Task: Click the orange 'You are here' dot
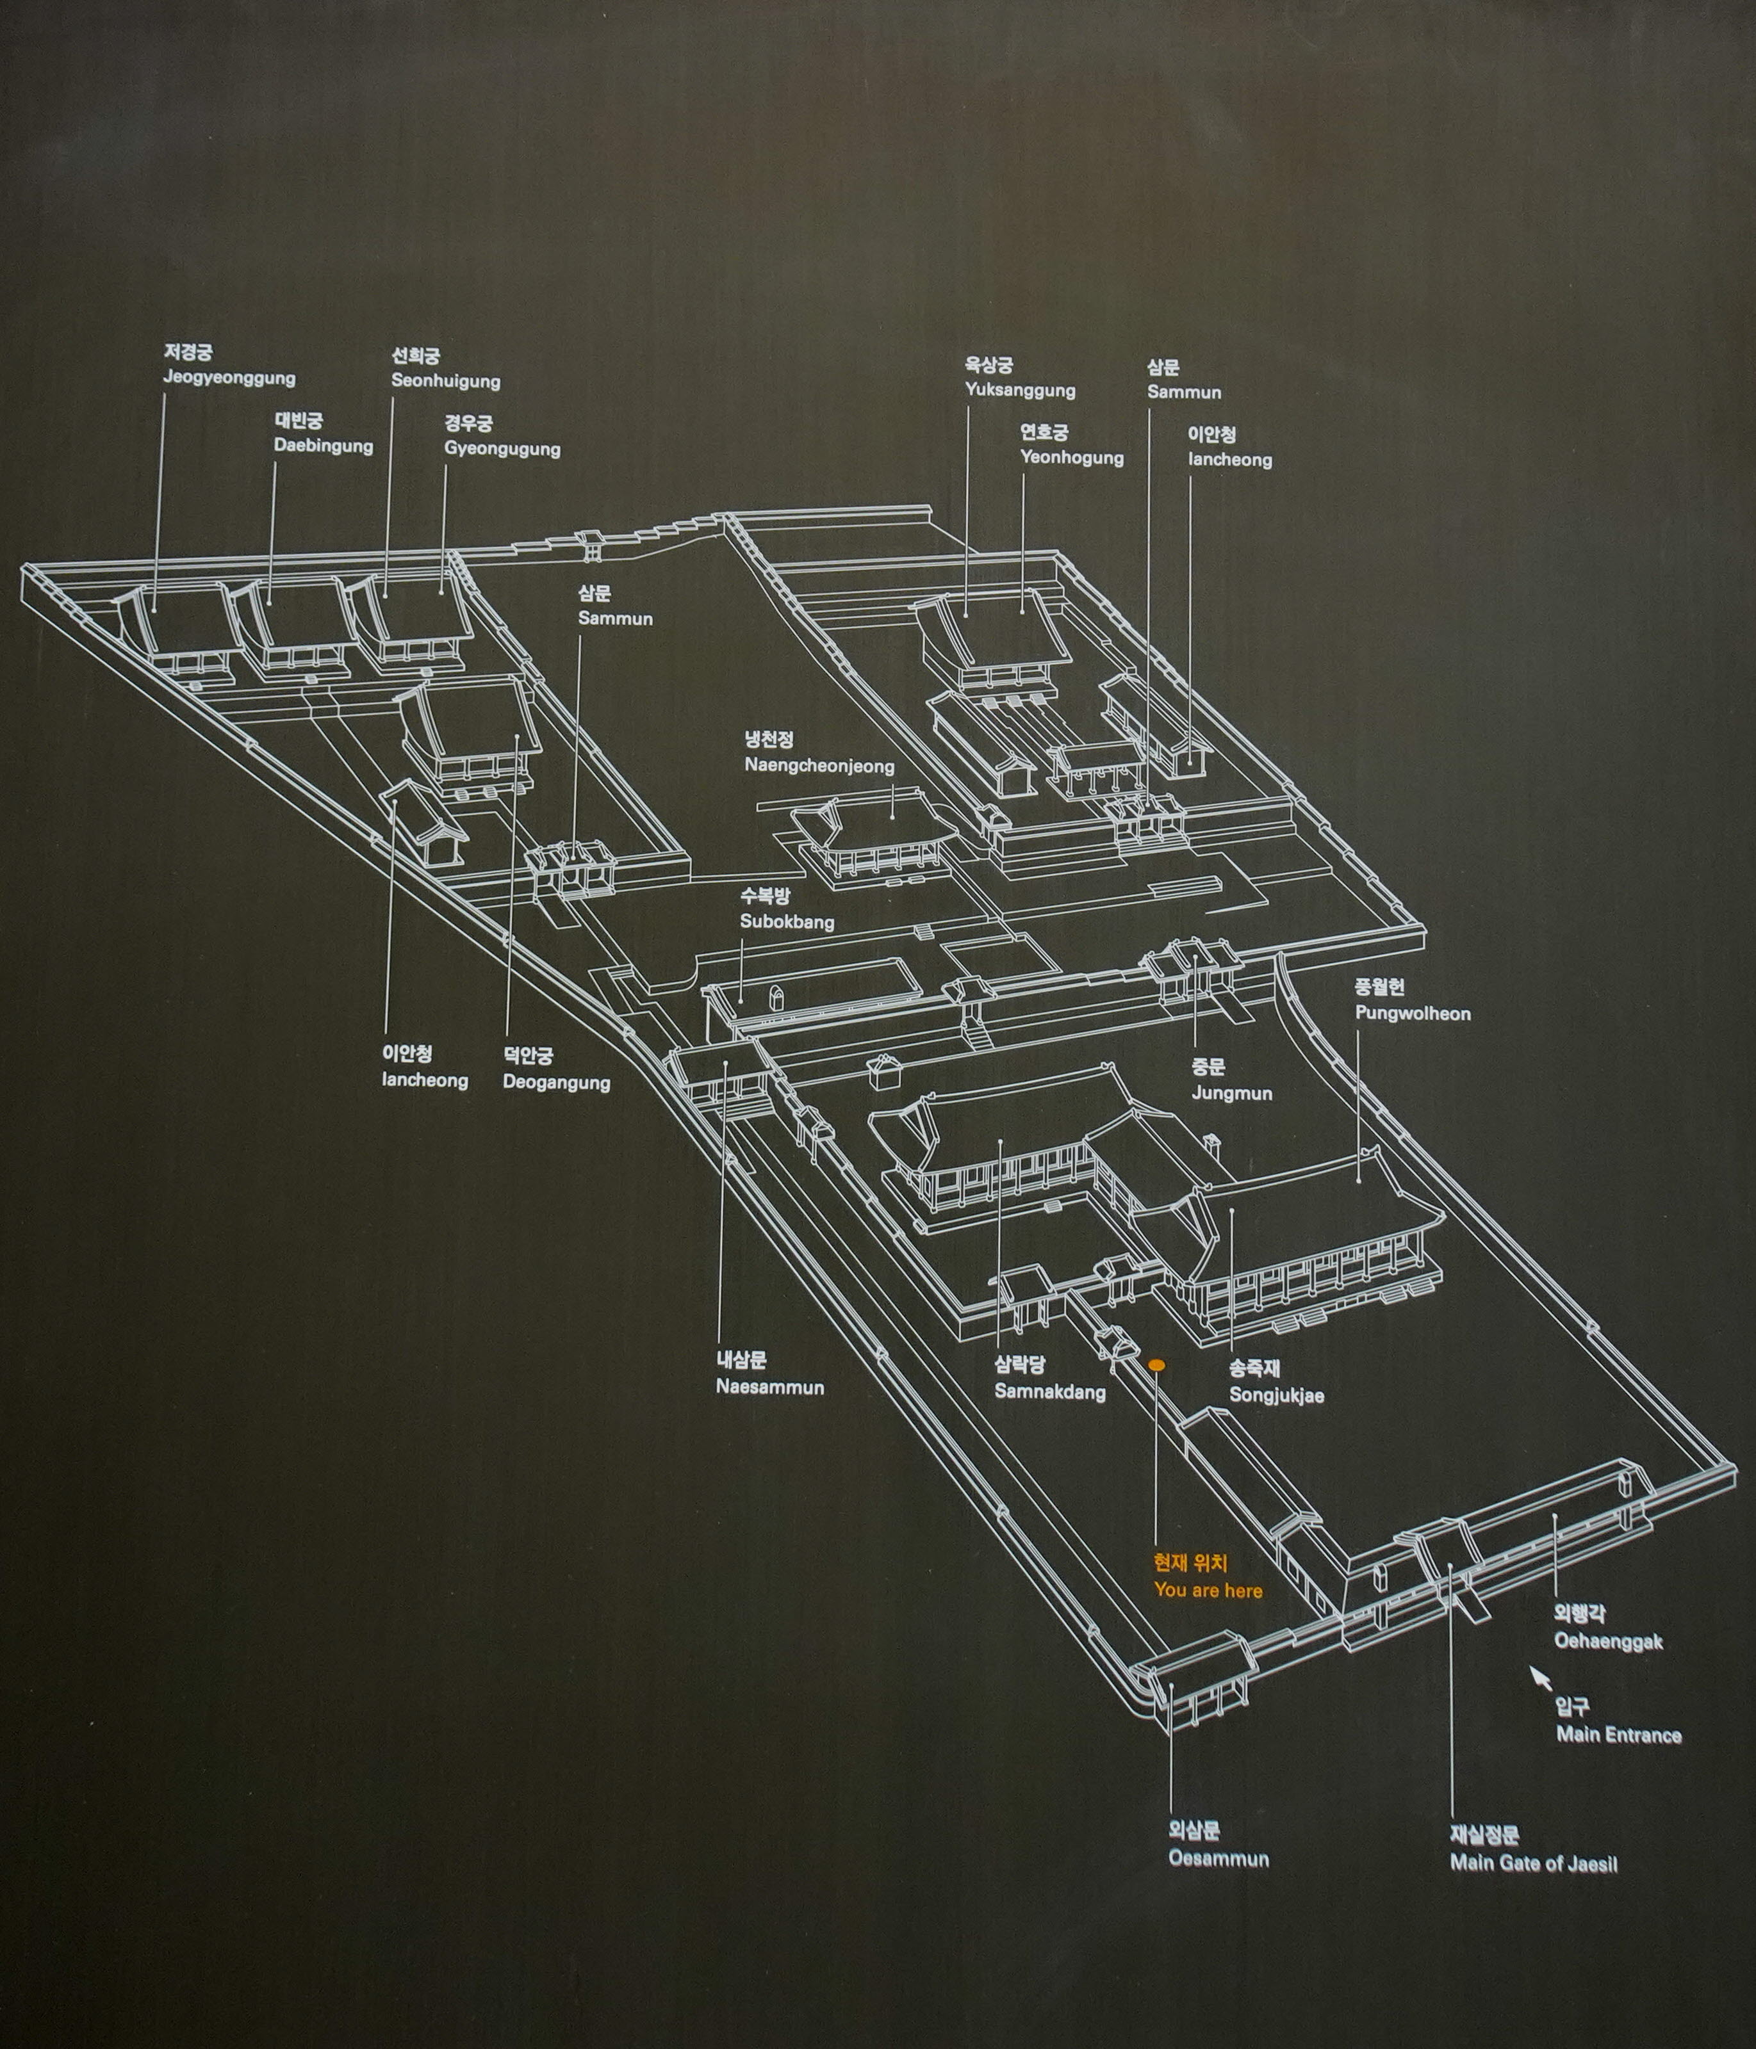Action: pos(1156,1365)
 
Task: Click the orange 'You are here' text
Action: pos(1207,1589)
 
